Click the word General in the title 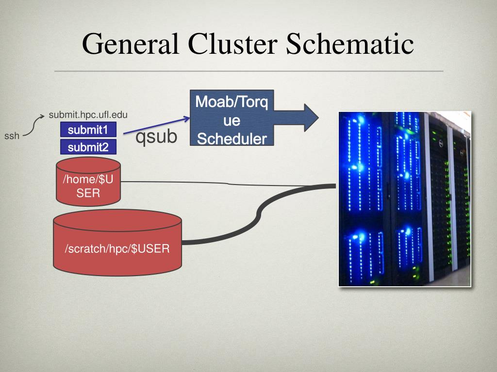pyautogui.click(x=130, y=44)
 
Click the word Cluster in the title pyautogui.click(x=232, y=44)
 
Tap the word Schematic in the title pyautogui.click(x=350, y=44)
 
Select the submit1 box pyautogui.click(x=88, y=129)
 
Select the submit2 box pyautogui.click(x=88, y=147)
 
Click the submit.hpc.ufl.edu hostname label pyautogui.click(x=88, y=115)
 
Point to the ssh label pyautogui.click(x=12, y=136)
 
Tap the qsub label pyautogui.click(x=156, y=137)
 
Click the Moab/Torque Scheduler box pyautogui.click(x=232, y=118)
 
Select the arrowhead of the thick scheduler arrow pyautogui.click(x=311, y=118)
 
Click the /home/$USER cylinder pyautogui.click(x=88, y=182)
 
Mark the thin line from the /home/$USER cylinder pyautogui.click(x=228, y=184)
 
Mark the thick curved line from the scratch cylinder pyautogui.click(x=258, y=215)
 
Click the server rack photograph pyautogui.click(x=405, y=199)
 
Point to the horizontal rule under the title pyautogui.click(x=249, y=71)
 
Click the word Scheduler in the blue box pyautogui.click(x=232, y=139)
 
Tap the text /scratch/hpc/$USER pyautogui.click(x=117, y=248)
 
